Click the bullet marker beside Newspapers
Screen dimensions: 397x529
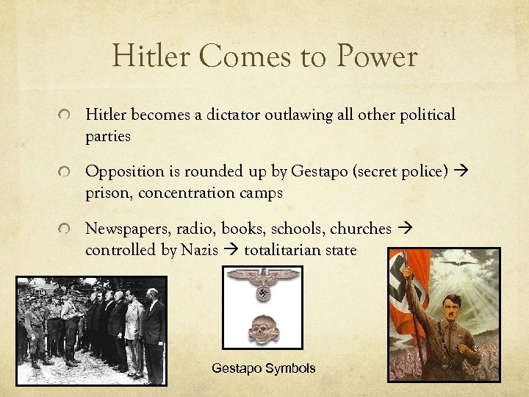click(65, 230)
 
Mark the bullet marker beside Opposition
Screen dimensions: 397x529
click(65, 173)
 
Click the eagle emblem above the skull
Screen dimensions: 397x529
click(263, 283)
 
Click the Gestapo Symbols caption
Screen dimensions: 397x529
click(264, 368)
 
